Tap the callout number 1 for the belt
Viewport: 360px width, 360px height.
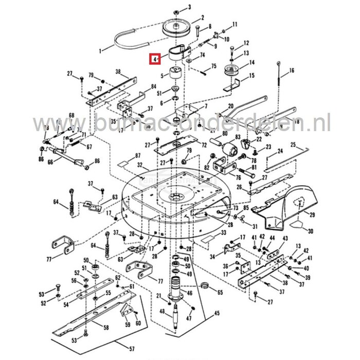click(x=101, y=51)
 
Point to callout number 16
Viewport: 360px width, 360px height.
click(x=292, y=70)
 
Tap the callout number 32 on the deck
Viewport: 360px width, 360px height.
click(x=140, y=165)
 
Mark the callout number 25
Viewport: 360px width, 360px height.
click(x=308, y=146)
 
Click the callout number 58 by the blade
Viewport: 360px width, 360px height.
click(x=106, y=327)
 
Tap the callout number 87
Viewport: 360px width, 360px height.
click(x=123, y=155)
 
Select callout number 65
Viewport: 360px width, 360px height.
click(x=220, y=292)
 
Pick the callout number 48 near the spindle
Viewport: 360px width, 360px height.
click(x=162, y=312)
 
